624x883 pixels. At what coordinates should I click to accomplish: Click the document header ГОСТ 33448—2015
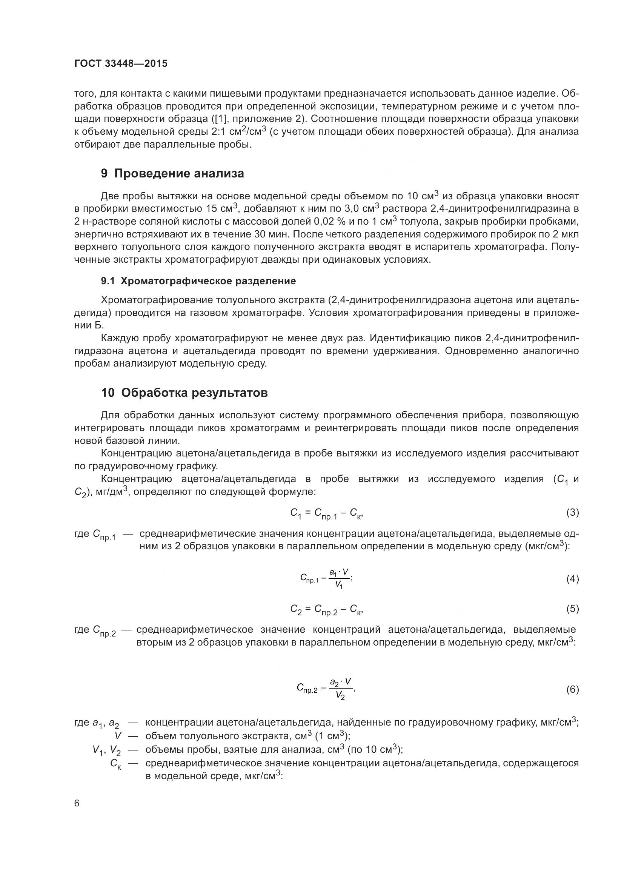click(121, 64)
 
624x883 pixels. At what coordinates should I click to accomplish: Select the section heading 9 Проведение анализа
click(172, 174)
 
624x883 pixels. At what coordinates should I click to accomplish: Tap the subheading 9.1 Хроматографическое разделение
click(198, 281)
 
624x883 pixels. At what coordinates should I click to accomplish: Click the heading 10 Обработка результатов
click(184, 393)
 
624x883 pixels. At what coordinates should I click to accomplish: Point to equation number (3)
click(572, 512)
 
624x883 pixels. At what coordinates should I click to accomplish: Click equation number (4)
click(572, 579)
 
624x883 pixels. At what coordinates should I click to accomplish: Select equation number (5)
click(572, 609)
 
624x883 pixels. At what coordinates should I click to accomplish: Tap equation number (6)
click(572, 690)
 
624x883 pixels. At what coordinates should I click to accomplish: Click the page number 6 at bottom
click(77, 803)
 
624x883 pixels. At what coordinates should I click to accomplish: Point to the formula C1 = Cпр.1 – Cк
click(326, 513)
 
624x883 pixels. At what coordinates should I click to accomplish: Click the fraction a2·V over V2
click(340, 689)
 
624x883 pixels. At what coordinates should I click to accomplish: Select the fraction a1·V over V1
click(339, 579)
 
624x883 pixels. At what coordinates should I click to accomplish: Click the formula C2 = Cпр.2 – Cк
click(326, 610)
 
